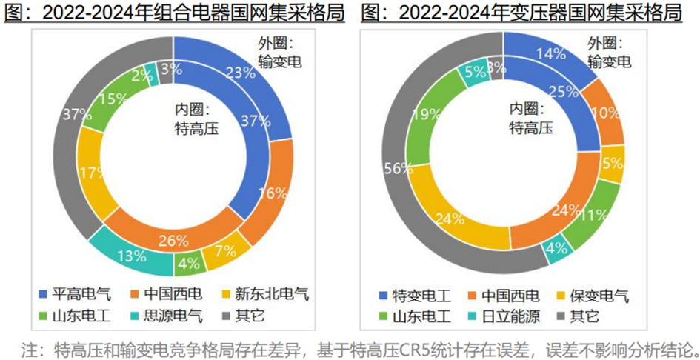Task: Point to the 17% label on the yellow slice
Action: (x=90, y=173)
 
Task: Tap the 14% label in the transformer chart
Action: (x=553, y=53)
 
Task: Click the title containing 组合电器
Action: (x=176, y=13)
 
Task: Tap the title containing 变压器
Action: (x=521, y=13)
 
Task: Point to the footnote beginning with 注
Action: (x=360, y=348)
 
